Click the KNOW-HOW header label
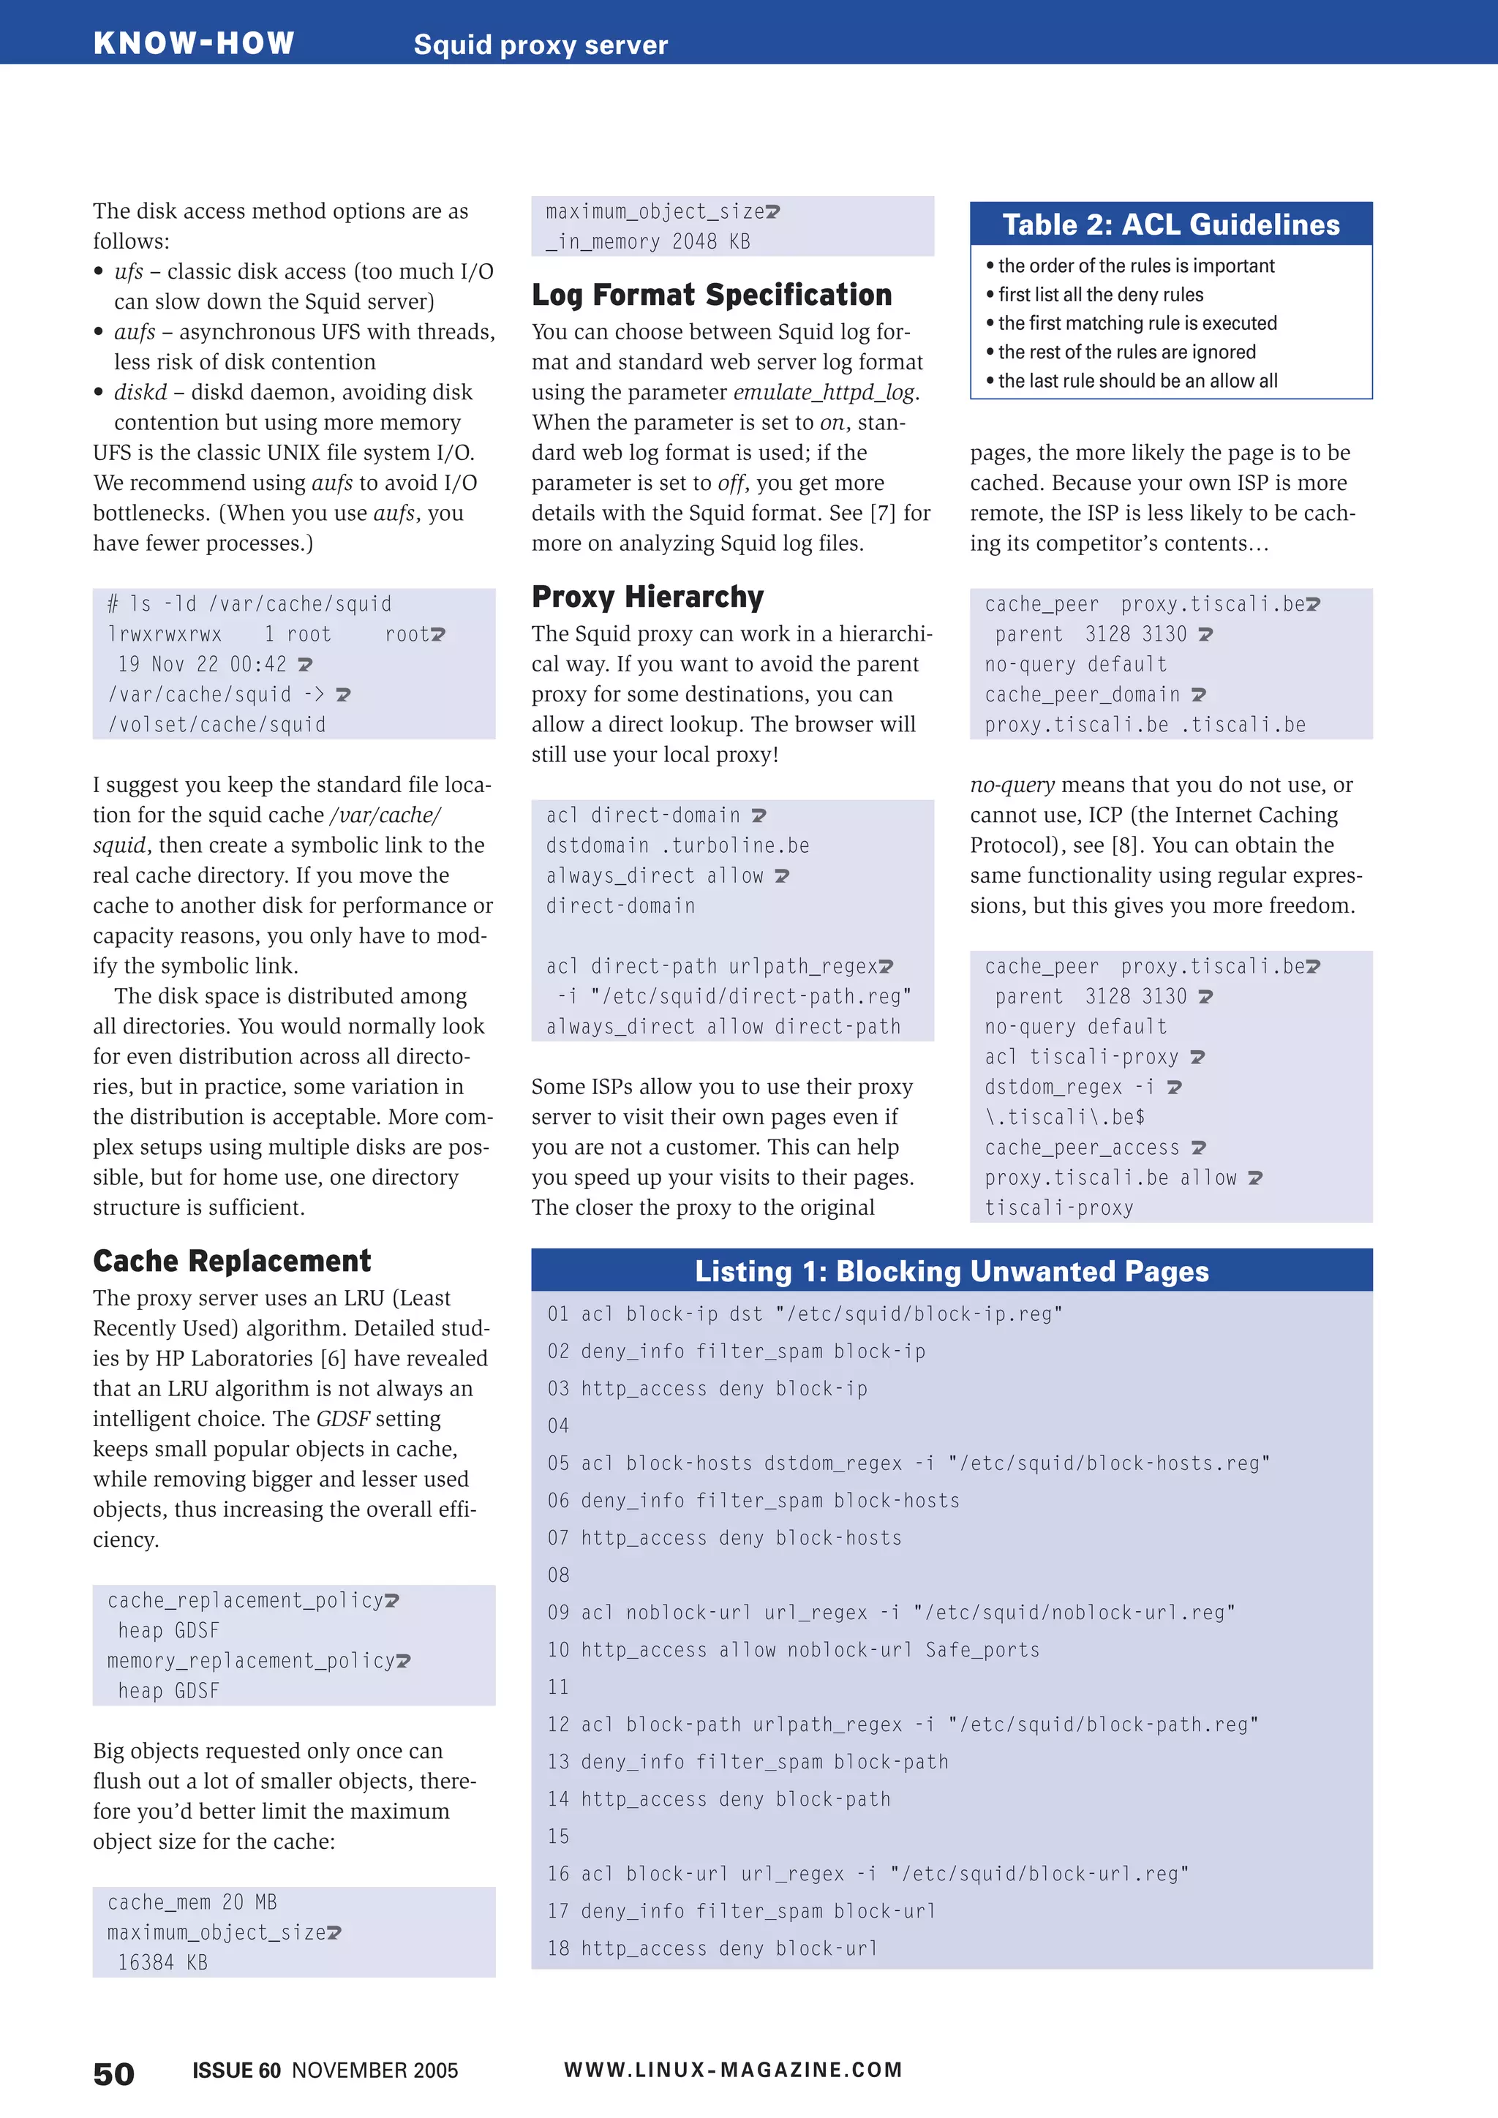[194, 43]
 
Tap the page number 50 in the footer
[113, 2073]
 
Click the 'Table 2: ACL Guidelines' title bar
[1170, 225]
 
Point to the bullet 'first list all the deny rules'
[1099, 294]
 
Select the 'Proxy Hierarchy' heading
[647, 597]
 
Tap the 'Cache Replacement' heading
[232, 1260]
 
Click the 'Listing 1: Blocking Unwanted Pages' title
[951, 1271]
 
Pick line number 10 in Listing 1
[558, 1649]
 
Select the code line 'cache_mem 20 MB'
[192, 1902]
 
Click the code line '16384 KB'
[162, 1962]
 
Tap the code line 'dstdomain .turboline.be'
[677, 846]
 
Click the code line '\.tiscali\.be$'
[1064, 1117]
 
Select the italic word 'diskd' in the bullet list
[140, 392]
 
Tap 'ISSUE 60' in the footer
[236, 2070]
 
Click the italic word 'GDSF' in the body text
[343, 1419]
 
